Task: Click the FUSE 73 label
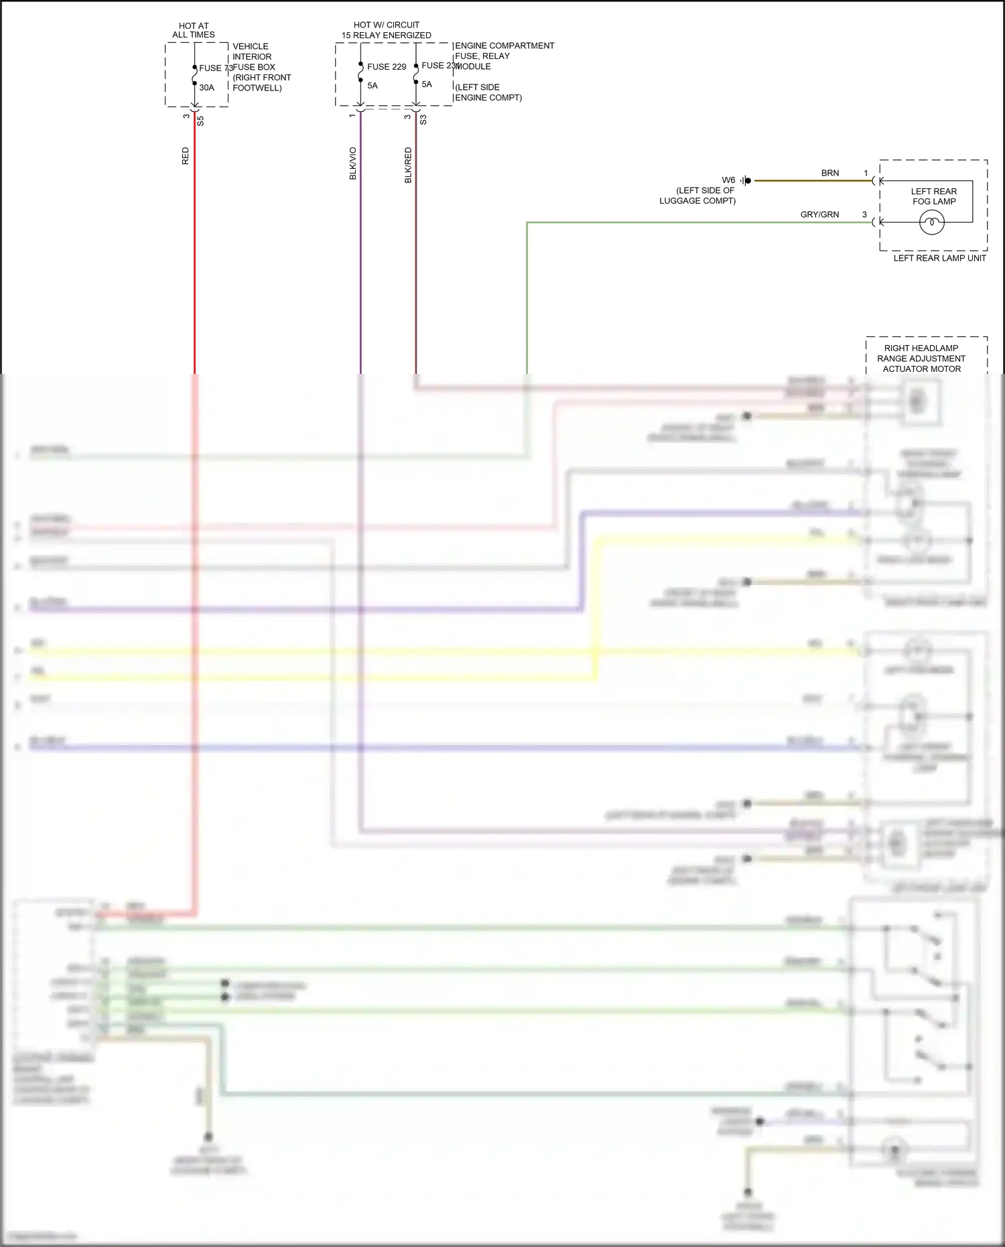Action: click(x=215, y=68)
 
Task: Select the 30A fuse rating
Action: click(x=206, y=88)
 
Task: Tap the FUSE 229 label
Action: click(x=387, y=67)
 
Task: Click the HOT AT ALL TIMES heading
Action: click(x=194, y=30)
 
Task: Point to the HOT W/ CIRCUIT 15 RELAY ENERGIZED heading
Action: click(x=387, y=30)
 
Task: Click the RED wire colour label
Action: click(x=186, y=156)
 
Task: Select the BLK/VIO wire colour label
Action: click(x=353, y=163)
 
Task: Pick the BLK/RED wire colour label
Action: click(x=408, y=166)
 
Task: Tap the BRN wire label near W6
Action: click(x=830, y=173)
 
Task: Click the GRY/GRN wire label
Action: click(x=819, y=214)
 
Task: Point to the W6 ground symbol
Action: click(x=746, y=180)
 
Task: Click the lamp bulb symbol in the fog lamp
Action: click(x=932, y=222)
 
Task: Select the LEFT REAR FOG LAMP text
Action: click(x=934, y=196)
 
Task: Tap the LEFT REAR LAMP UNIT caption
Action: click(x=939, y=258)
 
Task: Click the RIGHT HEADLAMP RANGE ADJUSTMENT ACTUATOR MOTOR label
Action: click(x=921, y=358)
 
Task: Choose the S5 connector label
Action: click(x=200, y=121)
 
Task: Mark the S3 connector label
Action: click(x=423, y=120)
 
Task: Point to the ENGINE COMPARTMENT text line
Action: click(x=505, y=46)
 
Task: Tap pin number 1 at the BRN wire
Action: click(x=866, y=173)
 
